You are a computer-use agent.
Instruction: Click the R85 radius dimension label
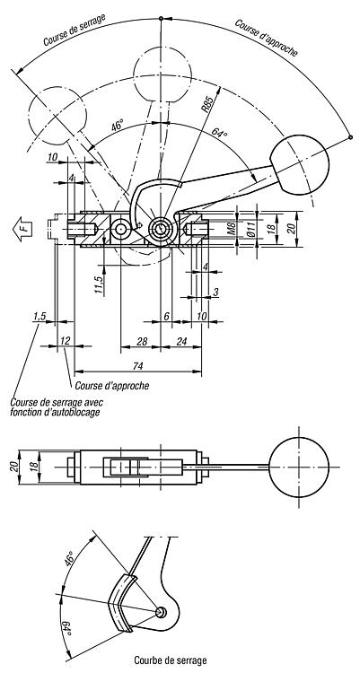pyautogui.click(x=208, y=104)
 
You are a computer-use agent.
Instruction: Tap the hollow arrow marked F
pyautogui.click(x=23, y=227)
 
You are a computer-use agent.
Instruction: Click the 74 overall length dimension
pyautogui.click(x=137, y=366)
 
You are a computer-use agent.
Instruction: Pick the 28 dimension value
pyautogui.click(x=141, y=342)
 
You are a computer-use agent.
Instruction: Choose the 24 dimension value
pyautogui.click(x=182, y=342)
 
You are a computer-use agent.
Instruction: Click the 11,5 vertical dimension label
pyautogui.click(x=99, y=285)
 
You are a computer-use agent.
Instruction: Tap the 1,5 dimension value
pyautogui.click(x=40, y=317)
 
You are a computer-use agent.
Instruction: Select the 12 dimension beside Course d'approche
pyautogui.click(x=65, y=341)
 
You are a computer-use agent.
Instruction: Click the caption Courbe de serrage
pyautogui.click(x=171, y=660)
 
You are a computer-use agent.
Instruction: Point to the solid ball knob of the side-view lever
pyautogui.click(x=300, y=165)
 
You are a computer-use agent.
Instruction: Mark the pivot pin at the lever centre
pyautogui.click(x=161, y=229)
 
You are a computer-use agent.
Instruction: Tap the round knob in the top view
pyautogui.click(x=299, y=467)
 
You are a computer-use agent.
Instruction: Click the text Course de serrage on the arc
pyautogui.click(x=75, y=30)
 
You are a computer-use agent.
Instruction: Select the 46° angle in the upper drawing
pyautogui.click(x=117, y=127)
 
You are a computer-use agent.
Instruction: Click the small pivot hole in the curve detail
pyautogui.click(x=160, y=612)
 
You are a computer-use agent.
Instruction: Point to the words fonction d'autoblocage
pyautogui.click(x=55, y=413)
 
